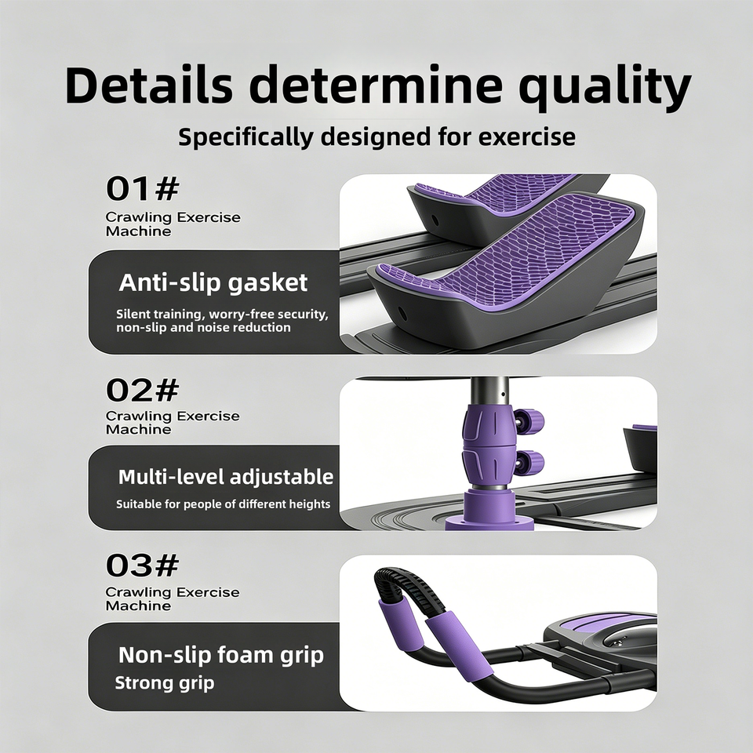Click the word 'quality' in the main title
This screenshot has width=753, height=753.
click(x=606, y=87)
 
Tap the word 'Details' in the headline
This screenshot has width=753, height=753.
click(x=149, y=85)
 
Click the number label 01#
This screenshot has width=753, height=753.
click(x=143, y=188)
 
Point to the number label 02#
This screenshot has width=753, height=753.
click(x=143, y=390)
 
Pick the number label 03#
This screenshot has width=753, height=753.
click(x=143, y=566)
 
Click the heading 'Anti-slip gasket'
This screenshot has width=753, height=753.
click(x=213, y=282)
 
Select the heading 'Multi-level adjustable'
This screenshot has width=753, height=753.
click(x=226, y=478)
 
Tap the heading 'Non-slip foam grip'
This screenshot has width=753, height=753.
click(x=221, y=655)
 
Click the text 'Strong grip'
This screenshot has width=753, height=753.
click(x=164, y=683)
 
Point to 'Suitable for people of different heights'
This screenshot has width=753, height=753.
click(x=224, y=504)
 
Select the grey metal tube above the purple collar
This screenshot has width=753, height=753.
click(x=489, y=391)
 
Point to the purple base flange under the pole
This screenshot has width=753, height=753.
click(x=489, y=522)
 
